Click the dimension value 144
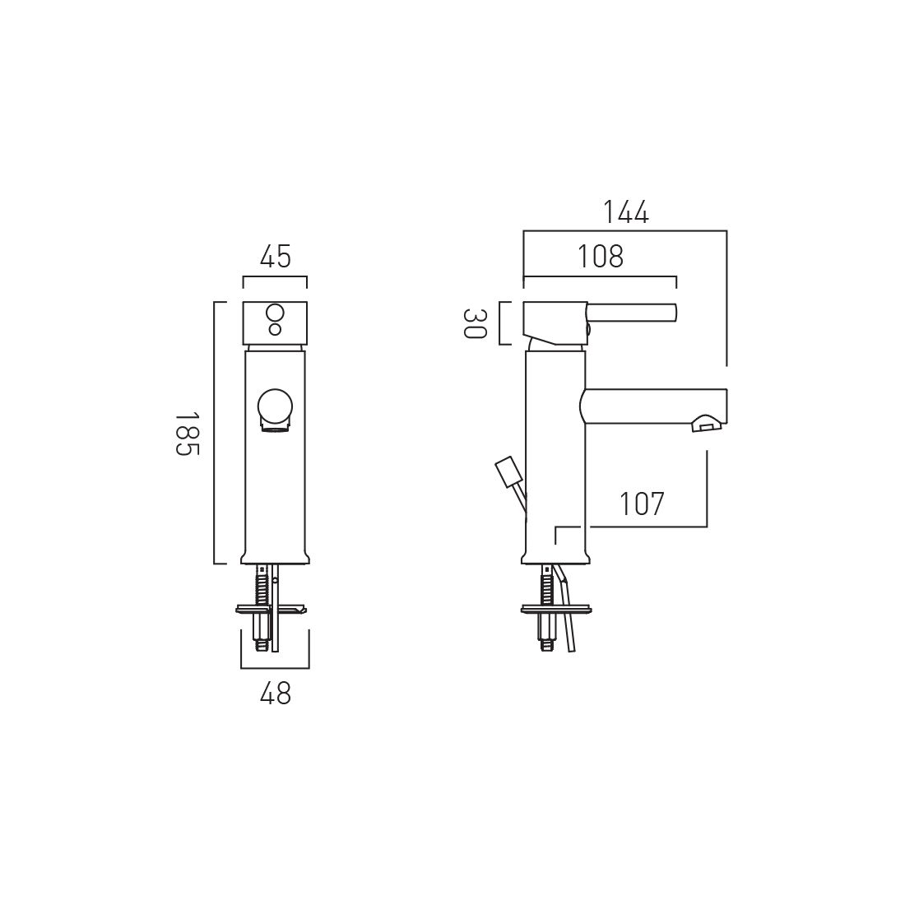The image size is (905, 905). pos(625,212)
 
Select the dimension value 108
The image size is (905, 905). pos(600,257)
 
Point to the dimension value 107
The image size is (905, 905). pos(642,504)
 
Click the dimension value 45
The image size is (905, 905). pos(275,258)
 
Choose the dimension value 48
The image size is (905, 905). pos(275,694)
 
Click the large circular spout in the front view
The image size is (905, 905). pos(275,407)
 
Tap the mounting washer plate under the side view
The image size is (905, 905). pos(556,610)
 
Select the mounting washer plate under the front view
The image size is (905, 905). pos(271,610)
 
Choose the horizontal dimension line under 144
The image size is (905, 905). pos(625,231)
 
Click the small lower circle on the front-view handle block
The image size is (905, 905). pos(275,330)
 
